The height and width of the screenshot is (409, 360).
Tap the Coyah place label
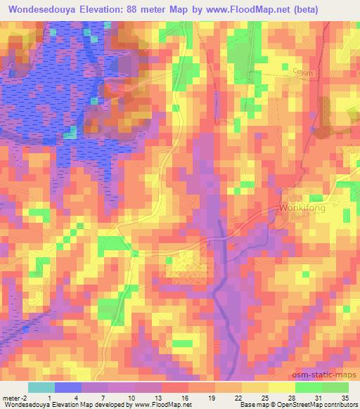point(303,72)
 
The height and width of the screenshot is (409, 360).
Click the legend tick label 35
point(345,398)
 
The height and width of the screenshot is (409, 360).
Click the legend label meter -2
point(14,398)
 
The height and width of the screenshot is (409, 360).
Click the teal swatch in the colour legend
point(41,387)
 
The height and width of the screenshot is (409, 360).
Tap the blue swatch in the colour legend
point(67,387)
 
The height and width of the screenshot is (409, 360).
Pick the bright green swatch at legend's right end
point(335,387)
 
